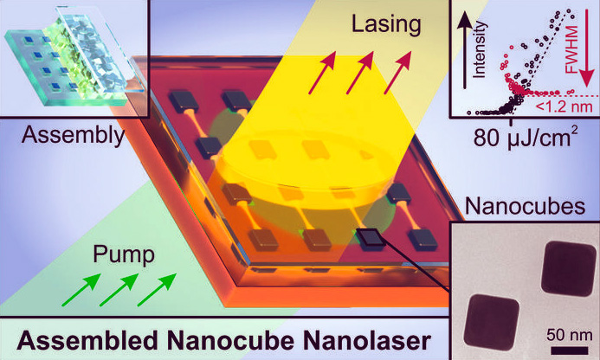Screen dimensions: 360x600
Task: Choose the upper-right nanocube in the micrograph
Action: tap(568, 267)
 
